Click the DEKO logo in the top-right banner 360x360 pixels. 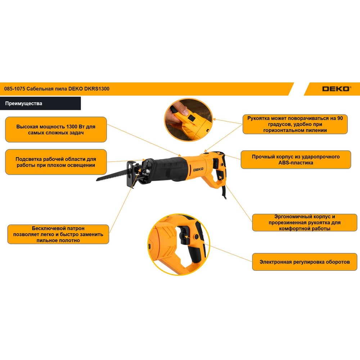[x=336, y=89]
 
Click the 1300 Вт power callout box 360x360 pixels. [x=56, y=130]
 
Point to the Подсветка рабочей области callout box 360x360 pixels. [x=56, y=162]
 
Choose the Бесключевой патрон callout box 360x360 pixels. [x=58, y=234]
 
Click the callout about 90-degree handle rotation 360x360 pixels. [x=295, y=124]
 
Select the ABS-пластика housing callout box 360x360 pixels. [x=296, y=159]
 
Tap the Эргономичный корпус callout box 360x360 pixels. [x=305, y=222]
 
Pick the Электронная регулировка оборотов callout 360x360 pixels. [x=305, y=262]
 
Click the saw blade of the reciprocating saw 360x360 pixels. [x=112, y=175]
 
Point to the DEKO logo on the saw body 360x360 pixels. [x=198, y=170]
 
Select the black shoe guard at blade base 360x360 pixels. [x=131, y=174]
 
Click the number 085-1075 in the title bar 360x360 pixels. [x=14, y=89]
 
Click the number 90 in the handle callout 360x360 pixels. [x=340, y=118]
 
